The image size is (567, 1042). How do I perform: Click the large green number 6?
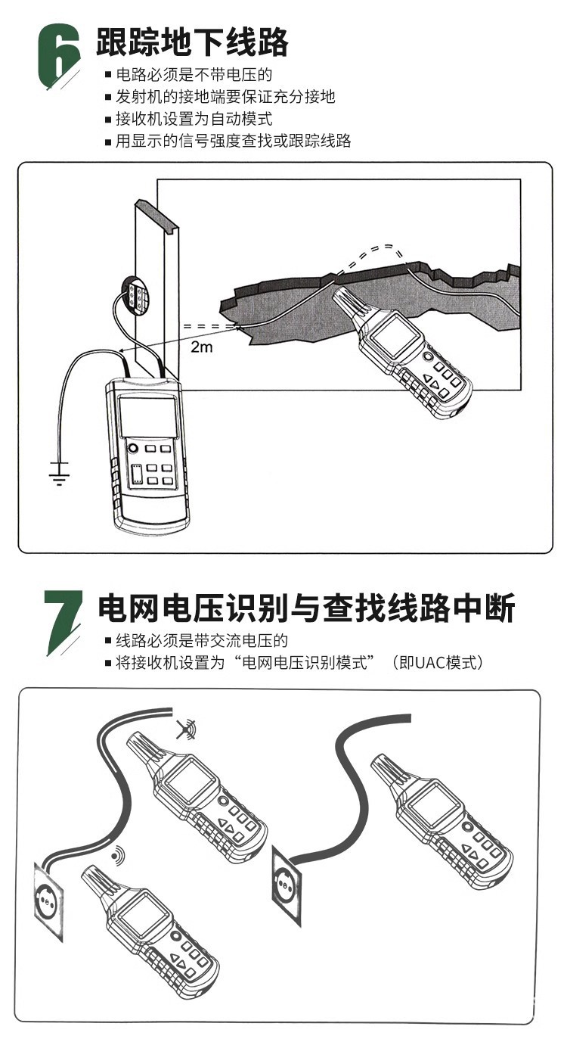(57, 56)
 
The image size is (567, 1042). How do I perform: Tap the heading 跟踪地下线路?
(192, 42)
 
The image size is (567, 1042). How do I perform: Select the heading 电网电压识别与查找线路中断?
(306, 608)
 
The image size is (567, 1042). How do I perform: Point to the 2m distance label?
(202, 347)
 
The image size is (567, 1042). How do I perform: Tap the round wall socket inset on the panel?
(135, 293)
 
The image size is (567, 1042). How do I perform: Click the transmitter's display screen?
(147, 417)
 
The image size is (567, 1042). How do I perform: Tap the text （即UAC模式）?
(437, 662)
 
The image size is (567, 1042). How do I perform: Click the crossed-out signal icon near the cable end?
(186, 729)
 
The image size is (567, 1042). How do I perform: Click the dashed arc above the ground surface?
(372, 257)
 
